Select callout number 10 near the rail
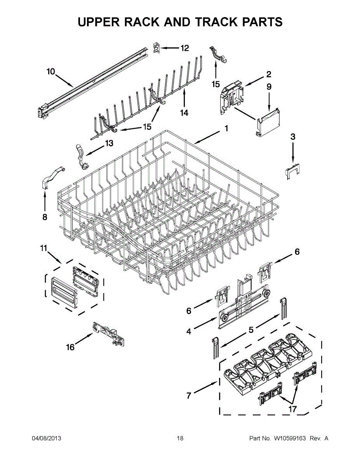click(51, 71)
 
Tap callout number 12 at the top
click(184, 48)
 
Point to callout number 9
click(269, 87)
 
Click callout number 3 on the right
click(293, 137)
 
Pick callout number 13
click(109, 143)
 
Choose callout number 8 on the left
click(45, 217)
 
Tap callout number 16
click(70, 347)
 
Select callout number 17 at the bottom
click(292, 409)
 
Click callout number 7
click(189, 396)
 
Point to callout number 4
click(189, 331)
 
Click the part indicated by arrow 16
click(109, 334)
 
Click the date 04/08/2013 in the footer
click(46, 438)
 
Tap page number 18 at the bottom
click(180, 438)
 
